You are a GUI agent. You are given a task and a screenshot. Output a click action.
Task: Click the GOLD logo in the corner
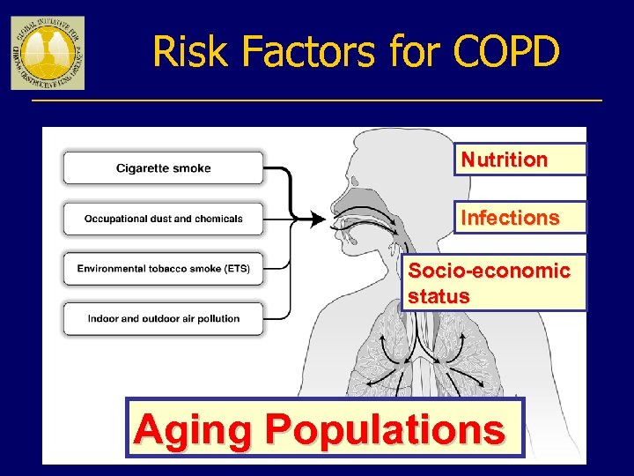pyautogui.click(x=48, y=53)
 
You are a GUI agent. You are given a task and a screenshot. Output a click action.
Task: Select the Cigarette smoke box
pyautogui.click(x=163, y=167)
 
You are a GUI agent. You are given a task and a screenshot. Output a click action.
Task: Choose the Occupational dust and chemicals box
pyautogui.click(x=163, y=219)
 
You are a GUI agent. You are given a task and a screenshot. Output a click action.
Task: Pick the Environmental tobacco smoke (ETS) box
pyautogui.click(x=163, y=269)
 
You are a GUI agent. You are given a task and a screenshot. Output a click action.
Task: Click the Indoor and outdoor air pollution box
pyautogui.click(x=163, y=318)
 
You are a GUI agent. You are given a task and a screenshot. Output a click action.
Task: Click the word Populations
pyautogui.click(x=386, y=429)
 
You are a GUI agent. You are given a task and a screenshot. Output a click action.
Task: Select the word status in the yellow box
pyautogui.click(x=438, y=296)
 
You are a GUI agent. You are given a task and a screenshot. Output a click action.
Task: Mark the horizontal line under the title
pyautogui.click(x=317, y=100)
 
